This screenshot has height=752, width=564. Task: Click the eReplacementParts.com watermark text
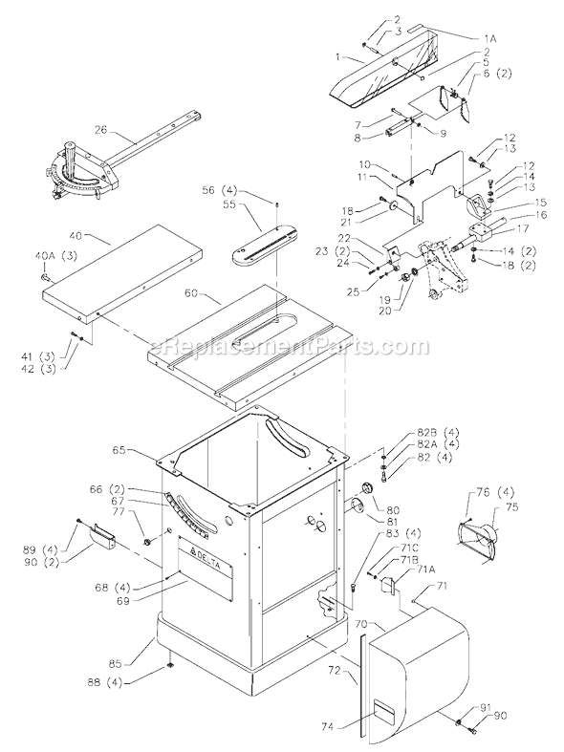[277, 346]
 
